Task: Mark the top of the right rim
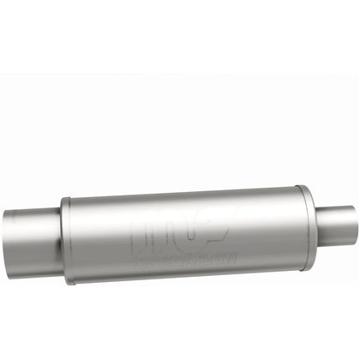301,186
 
